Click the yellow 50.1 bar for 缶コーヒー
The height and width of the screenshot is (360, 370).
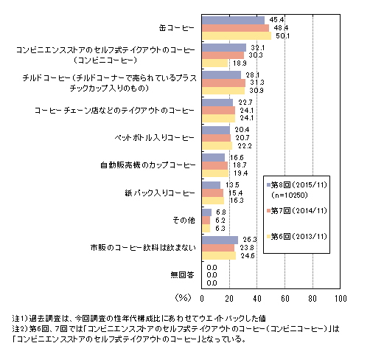pos(237,36)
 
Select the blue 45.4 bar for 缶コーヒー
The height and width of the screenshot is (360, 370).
pos(234,20)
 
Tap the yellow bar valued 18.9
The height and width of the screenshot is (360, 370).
pos(215,63)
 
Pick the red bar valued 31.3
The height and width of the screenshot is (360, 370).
pos(224,83)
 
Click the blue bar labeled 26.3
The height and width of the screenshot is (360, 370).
pos(220,240)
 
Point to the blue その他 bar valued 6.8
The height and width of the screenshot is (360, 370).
pos(207,212)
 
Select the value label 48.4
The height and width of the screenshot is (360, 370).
pos(281,28)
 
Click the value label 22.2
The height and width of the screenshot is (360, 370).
pos(245,146)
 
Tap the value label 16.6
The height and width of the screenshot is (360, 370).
pos(237,157)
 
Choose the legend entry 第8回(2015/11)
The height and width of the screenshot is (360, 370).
pos(297,184)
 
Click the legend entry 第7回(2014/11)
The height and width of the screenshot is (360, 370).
pos(297,211)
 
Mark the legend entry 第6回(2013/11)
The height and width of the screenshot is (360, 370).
pos(297,237)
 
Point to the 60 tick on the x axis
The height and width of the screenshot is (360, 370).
pos(285,299)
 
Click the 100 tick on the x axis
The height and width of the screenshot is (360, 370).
pos(341,299)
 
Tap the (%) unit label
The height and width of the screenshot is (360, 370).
pos(183,298)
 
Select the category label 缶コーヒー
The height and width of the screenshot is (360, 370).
pos(176,28)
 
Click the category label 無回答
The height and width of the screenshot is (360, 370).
pos(182,274)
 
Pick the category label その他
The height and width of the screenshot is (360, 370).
pos(184,220)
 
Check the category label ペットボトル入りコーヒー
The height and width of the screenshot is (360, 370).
pos(155,138)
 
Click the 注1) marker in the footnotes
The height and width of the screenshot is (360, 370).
pos(20,319)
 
